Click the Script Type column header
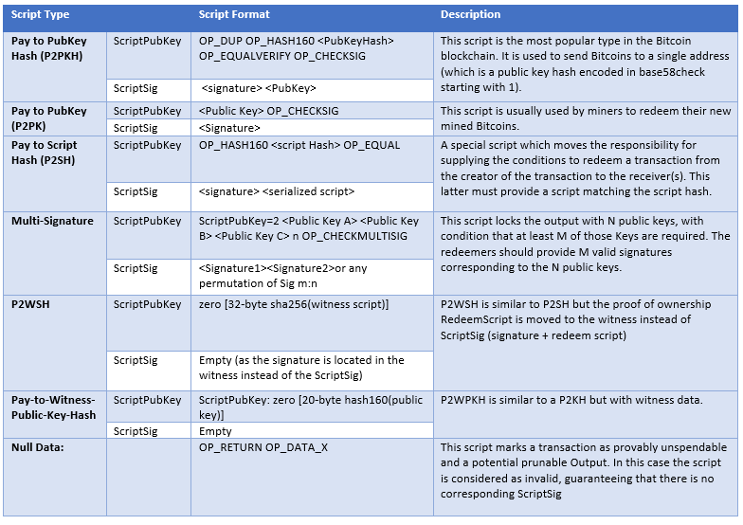[40, 15]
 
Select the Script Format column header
[234, 15]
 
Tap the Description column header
[470, 15]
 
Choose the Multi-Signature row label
[52, 221]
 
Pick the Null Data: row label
[39, 446]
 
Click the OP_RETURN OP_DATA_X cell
[263, 446]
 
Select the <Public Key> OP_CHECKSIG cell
[268, 111]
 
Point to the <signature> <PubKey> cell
[259, 88]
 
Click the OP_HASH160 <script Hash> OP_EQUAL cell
[299, 145]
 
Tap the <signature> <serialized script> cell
[277, 191]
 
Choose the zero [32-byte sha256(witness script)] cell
[293, 304]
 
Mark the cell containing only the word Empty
[215, 430]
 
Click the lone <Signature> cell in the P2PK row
[229, 127]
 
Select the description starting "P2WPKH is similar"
[571, 400]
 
